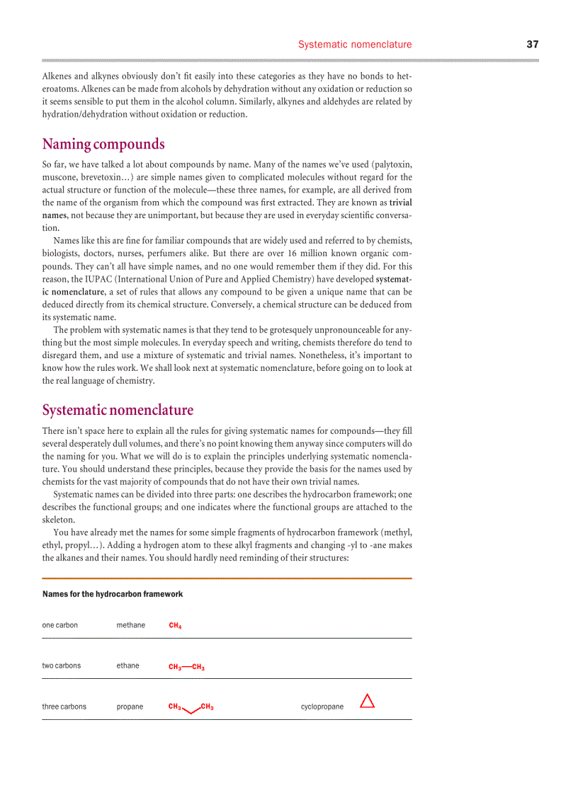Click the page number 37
(532, 44)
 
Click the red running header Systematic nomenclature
(354, 44)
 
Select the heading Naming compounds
(103, 144)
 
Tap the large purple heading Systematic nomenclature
(118, 410)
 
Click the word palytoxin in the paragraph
(390, 164)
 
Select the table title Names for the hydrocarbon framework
(112, 594)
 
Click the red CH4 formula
(175, 626)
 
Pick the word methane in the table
(130, 625)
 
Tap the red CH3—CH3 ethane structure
(186, 667)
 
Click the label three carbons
(64, 707)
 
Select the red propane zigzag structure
(191, 708)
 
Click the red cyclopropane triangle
(367, 702)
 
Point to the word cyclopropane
(322, 707)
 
